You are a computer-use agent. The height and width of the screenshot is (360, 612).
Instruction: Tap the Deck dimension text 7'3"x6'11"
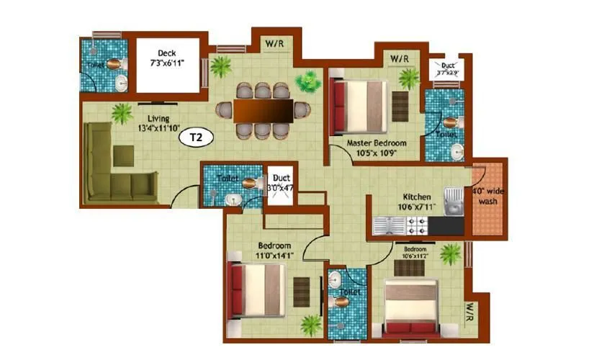click(x=167, y=63)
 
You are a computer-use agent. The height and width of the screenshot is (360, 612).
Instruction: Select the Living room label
click(x=158, y=119)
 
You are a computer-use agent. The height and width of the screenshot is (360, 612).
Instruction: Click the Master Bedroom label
click(x=377, y=143)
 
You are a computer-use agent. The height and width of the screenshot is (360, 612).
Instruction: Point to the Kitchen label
click(x=417, y=197)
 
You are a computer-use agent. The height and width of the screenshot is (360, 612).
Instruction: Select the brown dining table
click(x=263, y=110)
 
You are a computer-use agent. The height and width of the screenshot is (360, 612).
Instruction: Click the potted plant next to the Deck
click(x=221, y=67)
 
